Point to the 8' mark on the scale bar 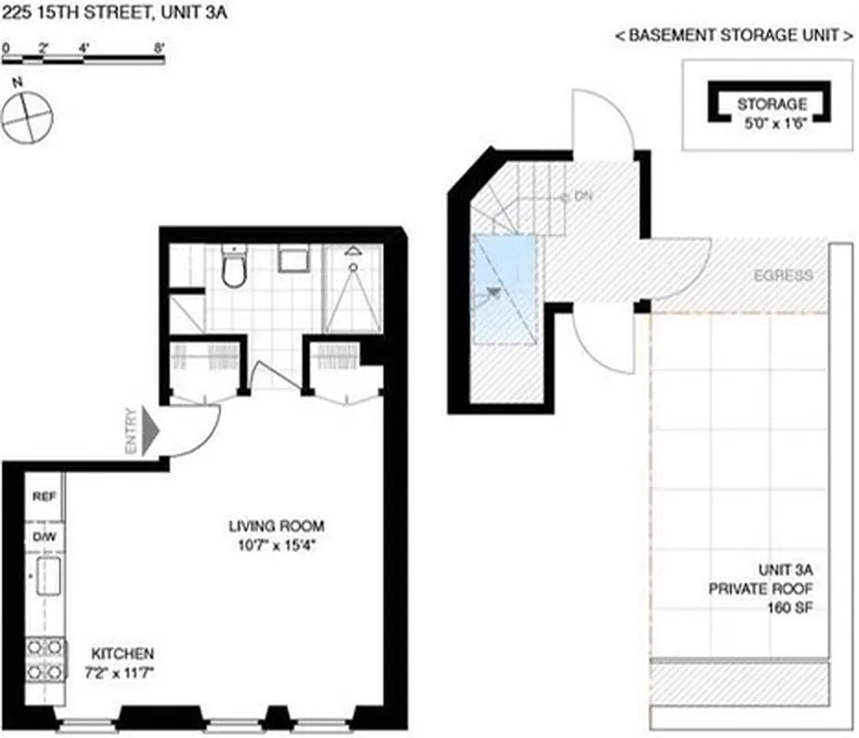coord(160,46)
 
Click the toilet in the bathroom coord(234,267)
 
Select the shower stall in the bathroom coord(352,288)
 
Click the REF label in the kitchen coord(44,496)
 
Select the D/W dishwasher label coord(44,535)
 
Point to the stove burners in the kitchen coord(43,659)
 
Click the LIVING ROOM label coord(277,527)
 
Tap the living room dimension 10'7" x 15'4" coord(277,544)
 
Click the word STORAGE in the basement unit coord(771,104)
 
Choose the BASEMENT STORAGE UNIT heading coord(734,37)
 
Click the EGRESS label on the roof coord(783,275)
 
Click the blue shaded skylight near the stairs coord(503,288)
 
